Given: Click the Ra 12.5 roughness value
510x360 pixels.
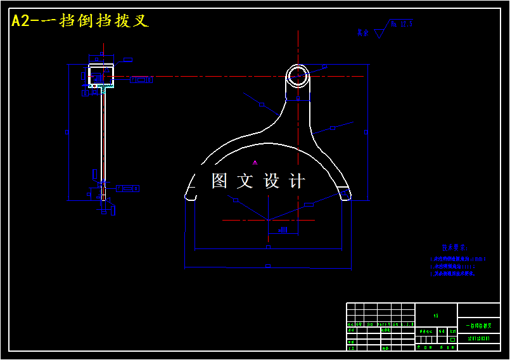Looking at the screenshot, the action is click(x=402, y=24).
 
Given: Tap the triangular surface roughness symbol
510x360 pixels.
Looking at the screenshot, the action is click(x=379, y=32).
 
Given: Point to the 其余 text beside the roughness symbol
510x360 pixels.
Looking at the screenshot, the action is click(x=362, y=32).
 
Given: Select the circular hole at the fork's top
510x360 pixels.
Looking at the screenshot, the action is click(x=298, y=76).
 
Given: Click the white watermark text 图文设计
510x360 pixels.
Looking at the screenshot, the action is click(x=258, y=181).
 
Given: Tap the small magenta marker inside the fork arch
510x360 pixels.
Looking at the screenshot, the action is click(x=255, y=162).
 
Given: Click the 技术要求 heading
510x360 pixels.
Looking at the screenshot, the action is click(x=454, y=247).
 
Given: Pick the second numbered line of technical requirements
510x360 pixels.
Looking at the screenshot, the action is click(x=452, y=266).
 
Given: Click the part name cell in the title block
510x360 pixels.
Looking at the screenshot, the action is click(x=478, y=325).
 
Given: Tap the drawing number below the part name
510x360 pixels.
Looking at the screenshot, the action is click(x=478, y=339).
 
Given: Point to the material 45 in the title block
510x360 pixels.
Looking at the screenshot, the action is click(x=436, y=315).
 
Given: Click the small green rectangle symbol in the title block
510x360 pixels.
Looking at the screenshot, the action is click(x=452, y=339).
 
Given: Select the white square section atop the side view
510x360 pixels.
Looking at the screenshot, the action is click(x=101, y=75).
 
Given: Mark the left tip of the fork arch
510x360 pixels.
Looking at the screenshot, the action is click(x=189, y=196).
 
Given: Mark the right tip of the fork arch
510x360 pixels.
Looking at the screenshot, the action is click(x=346, y=196).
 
